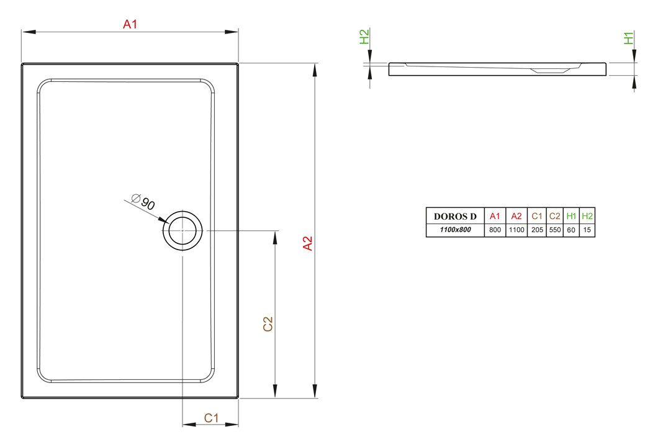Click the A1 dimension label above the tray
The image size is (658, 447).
pos(130,24)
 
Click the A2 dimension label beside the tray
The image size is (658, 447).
pos(308,243)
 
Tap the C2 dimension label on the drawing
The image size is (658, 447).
pos(268,324)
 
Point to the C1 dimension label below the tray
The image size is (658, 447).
pos(211,418)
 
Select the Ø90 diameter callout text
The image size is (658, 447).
pos(143,202)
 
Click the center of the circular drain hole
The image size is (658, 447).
pos(183,230)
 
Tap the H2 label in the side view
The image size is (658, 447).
pos(364,37)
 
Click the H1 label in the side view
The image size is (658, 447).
pos(628,38)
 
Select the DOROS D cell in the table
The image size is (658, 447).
pos(455,217)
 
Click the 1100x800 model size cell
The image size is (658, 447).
pos(455,230)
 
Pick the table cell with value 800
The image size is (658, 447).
pos(495,230)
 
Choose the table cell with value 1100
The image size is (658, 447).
pos(516,230)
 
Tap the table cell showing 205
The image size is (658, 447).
pos(537,230)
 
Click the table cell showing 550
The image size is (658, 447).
pos(555,230)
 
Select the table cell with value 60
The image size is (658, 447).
pos(571,230)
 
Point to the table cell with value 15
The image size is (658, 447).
pos(587,230)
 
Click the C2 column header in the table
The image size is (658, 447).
pos(555,216)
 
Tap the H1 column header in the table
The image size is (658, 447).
pos(571,216)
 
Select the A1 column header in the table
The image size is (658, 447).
pos(495,216)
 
